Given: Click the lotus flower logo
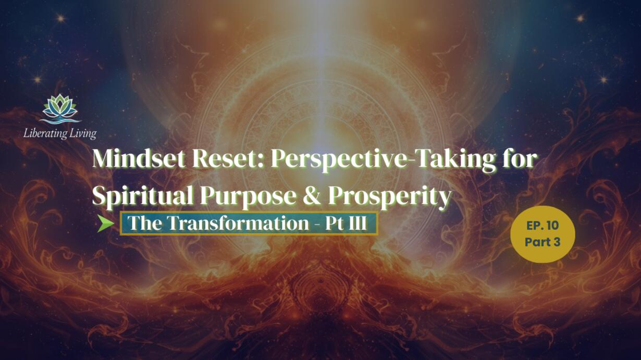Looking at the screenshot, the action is (x=60, y=108).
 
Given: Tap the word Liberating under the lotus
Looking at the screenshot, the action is (x=45, y=133).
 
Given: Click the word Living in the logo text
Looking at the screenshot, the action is (x=83, y=133).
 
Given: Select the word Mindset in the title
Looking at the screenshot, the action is (x=139, y=159).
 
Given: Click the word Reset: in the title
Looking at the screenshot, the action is (x=227, y=159).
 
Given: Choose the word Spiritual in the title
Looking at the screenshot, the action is (x=142, y=196).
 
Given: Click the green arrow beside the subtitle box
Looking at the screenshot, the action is (x=105, y=223).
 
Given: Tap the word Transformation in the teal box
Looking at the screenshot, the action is (x=238, y=223).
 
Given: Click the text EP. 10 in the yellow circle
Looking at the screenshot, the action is (x=543, y=226).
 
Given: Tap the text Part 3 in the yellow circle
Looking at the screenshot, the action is (x=543, y=242).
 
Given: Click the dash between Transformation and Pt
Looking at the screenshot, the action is (x=317, y=225).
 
